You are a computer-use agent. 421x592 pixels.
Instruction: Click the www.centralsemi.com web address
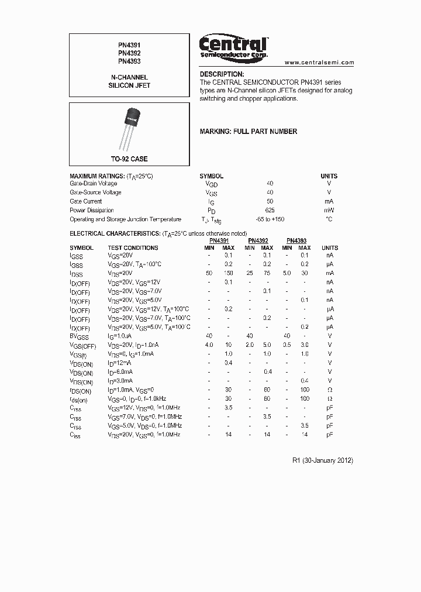tap(319, 62)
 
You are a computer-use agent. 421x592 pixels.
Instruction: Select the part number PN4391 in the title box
tap(129, 44)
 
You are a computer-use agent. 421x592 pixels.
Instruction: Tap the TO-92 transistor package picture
tap(130, 126)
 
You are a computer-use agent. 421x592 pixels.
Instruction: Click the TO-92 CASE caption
tap(129, 159)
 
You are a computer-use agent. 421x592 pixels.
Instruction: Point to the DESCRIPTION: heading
tap(222, 74)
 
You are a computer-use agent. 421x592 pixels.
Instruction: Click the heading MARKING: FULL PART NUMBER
tap(248, 132)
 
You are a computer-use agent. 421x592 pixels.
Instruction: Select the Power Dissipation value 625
tap(270, 210)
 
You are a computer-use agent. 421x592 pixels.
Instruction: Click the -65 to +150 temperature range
tap(270, 219)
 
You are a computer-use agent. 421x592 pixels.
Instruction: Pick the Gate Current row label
tap(86, 201)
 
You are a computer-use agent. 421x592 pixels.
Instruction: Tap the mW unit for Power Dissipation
tap(329, 210)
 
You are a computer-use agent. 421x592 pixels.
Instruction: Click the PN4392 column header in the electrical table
tap(258, 240)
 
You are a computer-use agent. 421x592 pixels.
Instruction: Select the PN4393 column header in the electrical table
tap(296, 240)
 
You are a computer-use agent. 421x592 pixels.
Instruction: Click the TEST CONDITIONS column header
tap(133, 247)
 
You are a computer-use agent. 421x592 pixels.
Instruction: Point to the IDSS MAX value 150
tap(228, 273)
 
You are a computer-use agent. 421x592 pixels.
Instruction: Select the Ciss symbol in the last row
tap(75, 435)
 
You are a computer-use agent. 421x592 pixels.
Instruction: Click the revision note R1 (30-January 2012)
tap(322, 460)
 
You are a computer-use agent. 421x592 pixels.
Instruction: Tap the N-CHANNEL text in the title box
tap(129, 77)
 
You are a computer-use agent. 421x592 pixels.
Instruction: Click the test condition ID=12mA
tap(120, 363)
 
